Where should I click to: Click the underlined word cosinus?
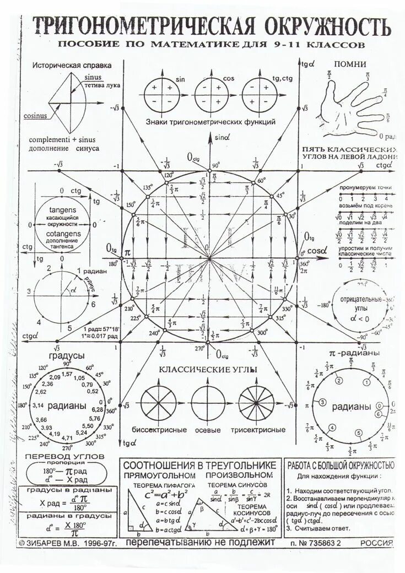tap(35, 116)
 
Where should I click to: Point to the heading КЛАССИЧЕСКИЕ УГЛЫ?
tap(209, 369)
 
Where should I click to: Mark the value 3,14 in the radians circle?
tap(39, 406)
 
